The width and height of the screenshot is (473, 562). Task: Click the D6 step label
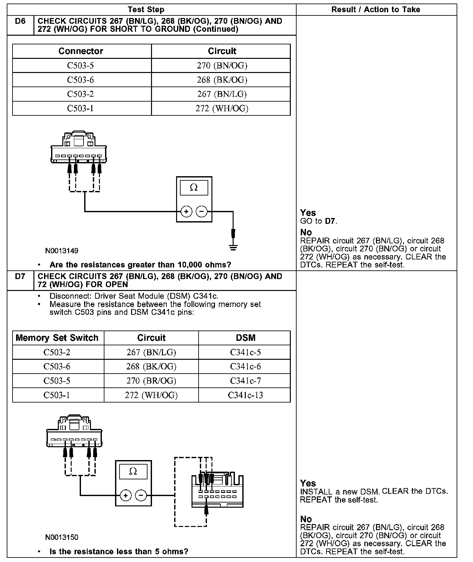pos(20,22)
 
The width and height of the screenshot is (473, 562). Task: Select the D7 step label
pos(20,276)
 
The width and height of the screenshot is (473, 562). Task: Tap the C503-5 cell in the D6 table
pos(80,66)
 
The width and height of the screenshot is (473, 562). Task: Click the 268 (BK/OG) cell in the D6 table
pos(222,80)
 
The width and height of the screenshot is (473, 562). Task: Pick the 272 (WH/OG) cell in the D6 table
pos(222,108)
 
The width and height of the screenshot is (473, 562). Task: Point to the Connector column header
pos(81,51)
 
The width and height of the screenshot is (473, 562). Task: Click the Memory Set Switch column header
pos(57,338)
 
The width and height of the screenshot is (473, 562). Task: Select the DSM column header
pos(245,338)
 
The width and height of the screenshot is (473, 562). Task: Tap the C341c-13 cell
pos(245,395)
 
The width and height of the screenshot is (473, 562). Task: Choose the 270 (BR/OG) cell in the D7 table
pos(151,381)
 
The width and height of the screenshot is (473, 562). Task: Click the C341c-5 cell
pos(245,352)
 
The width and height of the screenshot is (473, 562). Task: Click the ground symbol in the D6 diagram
pos(233,247)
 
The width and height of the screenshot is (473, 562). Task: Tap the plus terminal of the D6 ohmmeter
pos(186,212)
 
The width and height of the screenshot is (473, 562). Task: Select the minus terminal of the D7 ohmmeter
pos(141,495)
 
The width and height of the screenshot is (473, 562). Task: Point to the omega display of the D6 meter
pos(194,188)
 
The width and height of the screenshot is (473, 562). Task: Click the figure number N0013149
pos(62,251)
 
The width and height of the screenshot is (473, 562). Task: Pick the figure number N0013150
pos(62,537)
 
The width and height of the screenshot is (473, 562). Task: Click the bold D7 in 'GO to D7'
pos(330,221)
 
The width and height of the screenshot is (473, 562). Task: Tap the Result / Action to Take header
pos(376,10)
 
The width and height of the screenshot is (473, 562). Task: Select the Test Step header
pos(146,10)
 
